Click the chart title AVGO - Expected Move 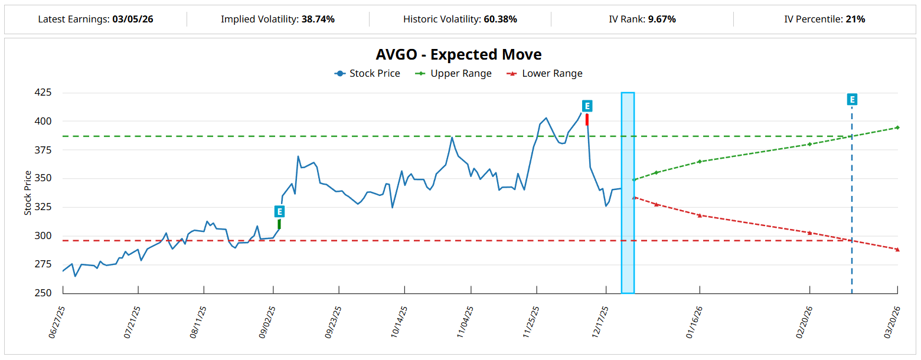pos(459,55)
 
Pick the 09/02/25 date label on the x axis pos(267,322)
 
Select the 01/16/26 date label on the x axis pos(694,322)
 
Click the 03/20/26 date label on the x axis pos(891,322)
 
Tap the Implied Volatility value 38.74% pos(318,19)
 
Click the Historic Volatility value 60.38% pos(500,19)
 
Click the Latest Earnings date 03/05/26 pos(133,19)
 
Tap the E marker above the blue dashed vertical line pos(852,99)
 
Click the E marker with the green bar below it pos(279,211)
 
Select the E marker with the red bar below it pos(587,106)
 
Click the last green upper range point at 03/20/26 pos(897,127)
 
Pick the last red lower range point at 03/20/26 pos(897,250)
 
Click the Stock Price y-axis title pos(28,193)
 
